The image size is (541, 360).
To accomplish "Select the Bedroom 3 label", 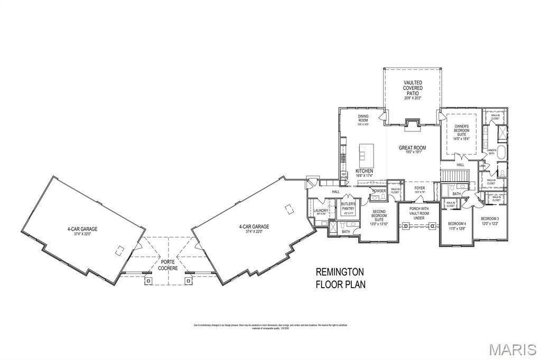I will [490, 221].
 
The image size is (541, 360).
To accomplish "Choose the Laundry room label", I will [321, 212].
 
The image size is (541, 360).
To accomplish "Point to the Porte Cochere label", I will [168, 265].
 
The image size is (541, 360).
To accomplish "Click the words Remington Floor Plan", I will [340, 278].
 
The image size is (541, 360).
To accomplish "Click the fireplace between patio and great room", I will [412, 124].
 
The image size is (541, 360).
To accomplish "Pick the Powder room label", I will [379, 191].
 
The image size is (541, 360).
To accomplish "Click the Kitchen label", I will [365, 172].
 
